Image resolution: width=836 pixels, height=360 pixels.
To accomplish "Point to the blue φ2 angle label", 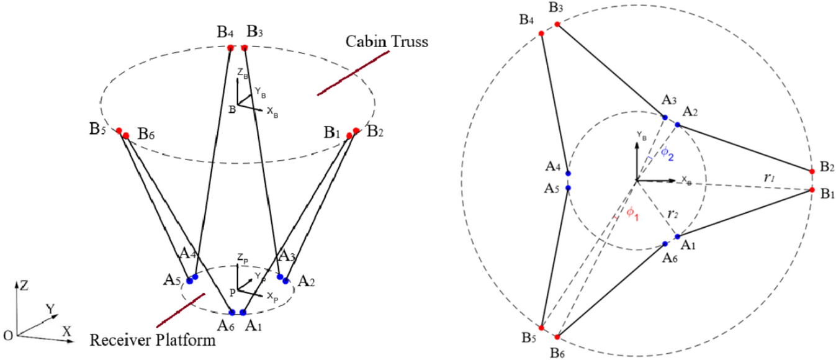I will point(665,153).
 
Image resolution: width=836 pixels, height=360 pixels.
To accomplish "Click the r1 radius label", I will point(770,178).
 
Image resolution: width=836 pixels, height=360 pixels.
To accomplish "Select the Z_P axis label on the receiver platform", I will point(241,257).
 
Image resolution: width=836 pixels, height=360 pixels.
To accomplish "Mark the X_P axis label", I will point(272,297).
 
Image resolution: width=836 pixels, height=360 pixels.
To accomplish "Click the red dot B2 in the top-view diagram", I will point(812,171).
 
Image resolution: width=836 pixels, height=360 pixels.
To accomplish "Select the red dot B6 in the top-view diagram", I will point(557,337).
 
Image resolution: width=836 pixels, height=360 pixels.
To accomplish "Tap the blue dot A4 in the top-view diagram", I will point(568,174).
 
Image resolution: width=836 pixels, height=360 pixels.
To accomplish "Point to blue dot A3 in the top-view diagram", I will point(665,117).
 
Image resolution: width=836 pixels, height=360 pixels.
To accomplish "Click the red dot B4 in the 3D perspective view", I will point(230,48).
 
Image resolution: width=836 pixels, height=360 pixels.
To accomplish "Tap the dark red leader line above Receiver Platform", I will point(181,310).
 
